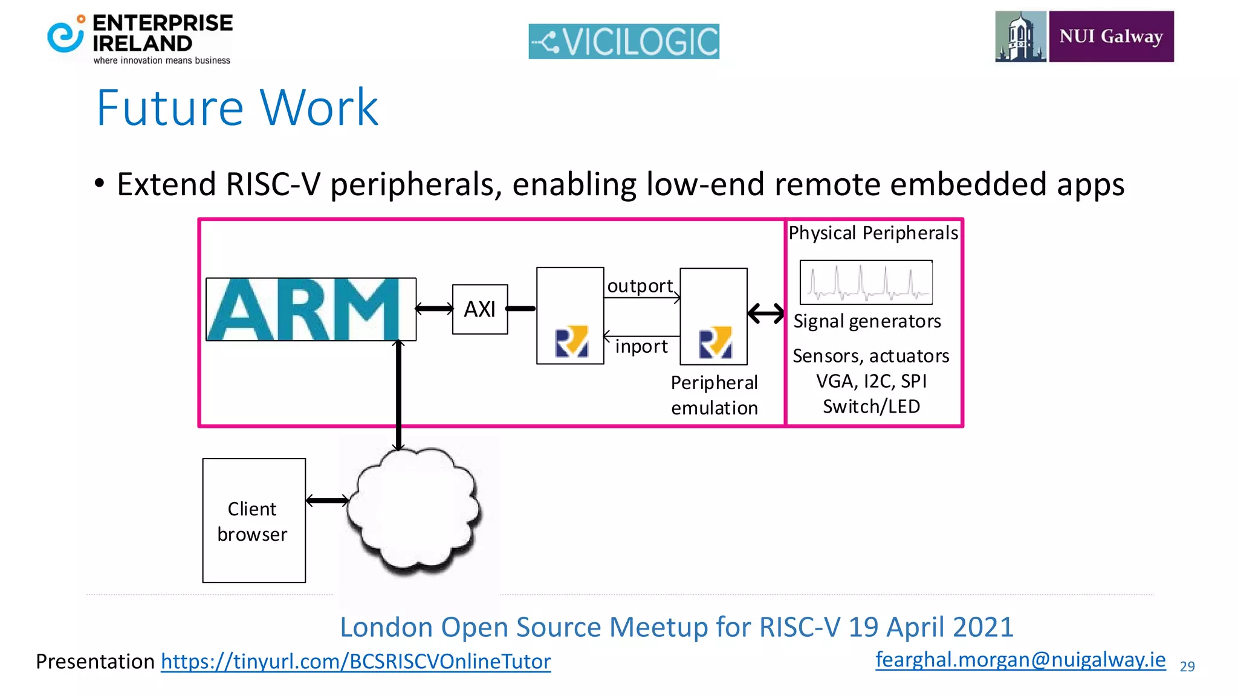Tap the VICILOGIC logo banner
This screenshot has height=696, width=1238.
[624, 42]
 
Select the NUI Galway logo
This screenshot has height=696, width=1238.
[1084, 36]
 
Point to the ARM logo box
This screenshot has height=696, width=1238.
[311, 309]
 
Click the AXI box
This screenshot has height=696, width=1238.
[480, 309]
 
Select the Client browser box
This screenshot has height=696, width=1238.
[254, 520]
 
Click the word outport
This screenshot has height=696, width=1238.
[640, 286]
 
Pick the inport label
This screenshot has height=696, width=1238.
[641, 347]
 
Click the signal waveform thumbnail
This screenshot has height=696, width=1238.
[866, 282]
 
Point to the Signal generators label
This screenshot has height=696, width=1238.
[867, 321]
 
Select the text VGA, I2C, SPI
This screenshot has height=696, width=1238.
[871, 381]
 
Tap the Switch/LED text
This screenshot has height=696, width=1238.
[871, 407]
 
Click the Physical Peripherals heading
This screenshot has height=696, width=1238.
[873, 233]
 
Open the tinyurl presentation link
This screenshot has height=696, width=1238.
[355, 662]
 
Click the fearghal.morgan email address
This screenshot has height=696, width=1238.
[1020, 659]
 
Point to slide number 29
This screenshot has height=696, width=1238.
[1187, 666]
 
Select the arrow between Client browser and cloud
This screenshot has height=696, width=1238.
[327, 500]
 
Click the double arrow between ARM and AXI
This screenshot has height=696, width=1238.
[434, 309]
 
